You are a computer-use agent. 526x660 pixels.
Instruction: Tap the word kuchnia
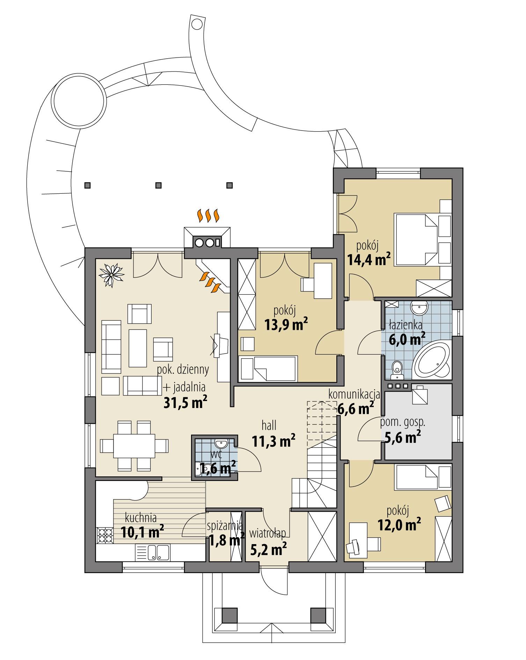pyautogui.click(x=141, y=517)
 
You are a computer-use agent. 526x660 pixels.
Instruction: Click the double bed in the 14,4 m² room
pyautogui.click(x=417, y=240)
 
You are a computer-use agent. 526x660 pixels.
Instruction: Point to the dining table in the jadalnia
pyautogui.click(x=134, y=446)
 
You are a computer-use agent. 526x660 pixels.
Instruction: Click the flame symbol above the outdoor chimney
pyautogui.click(x=208, y=216)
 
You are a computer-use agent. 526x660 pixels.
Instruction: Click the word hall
pyautogui.click(x=269, y=425)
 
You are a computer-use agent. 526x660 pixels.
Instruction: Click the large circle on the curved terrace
pyautogui.click(x=79, y=101)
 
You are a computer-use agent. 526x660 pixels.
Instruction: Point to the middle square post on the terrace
pyautogui.click(x=159, y=185)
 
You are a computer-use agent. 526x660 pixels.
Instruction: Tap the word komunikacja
pyautogui.click(x=354, y=395)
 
